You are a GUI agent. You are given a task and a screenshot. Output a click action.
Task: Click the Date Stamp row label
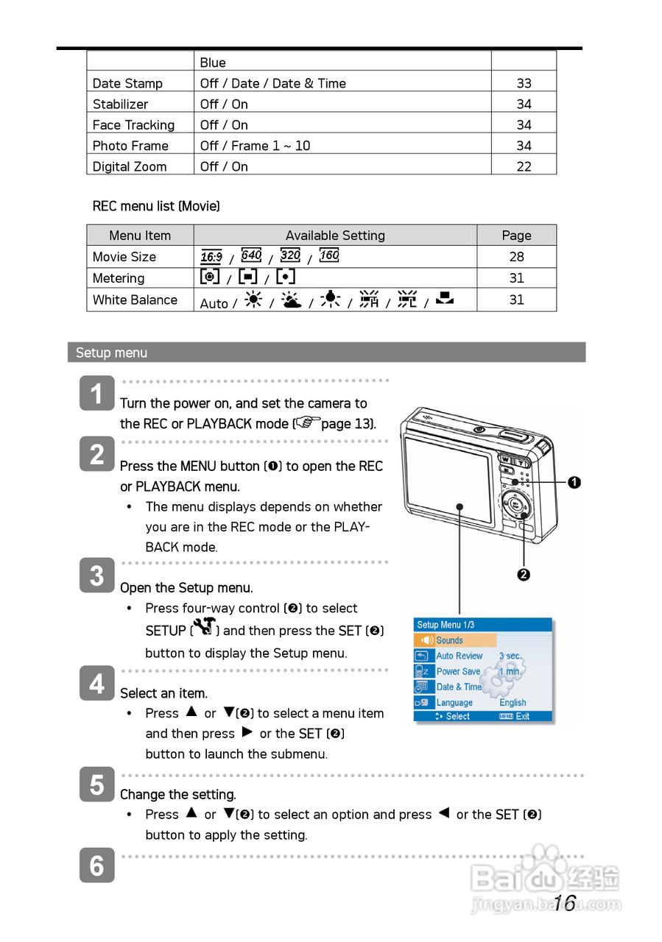(127, 83)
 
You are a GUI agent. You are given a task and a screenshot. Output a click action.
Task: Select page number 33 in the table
(524, 83)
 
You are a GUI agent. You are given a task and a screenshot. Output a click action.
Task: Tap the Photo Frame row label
(130, 146)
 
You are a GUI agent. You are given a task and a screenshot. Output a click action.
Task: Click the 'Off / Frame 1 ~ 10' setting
(255, 146)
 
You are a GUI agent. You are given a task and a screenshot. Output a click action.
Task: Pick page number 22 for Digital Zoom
(524, 166)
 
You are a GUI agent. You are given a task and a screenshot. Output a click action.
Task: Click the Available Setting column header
(335, 235)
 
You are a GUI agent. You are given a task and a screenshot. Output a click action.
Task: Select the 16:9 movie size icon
(211, 257)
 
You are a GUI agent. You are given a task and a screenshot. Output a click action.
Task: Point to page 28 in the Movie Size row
(516, 257)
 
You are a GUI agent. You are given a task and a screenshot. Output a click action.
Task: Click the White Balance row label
(135, 300)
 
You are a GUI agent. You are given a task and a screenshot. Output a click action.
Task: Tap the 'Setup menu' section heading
(111, 353)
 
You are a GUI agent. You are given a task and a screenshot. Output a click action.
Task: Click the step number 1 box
(96, 394)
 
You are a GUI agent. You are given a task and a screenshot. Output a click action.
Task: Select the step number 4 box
(96, 684)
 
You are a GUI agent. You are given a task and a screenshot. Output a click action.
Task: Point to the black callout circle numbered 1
(574, 483)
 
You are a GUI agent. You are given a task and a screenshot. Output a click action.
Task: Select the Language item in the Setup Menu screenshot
(454, 703)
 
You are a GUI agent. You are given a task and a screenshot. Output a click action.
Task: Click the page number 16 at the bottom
(564, 903)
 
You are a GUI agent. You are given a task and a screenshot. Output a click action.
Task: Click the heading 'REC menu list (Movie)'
(156, 206)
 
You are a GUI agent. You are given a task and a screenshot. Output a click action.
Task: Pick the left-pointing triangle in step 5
(443, 813)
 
